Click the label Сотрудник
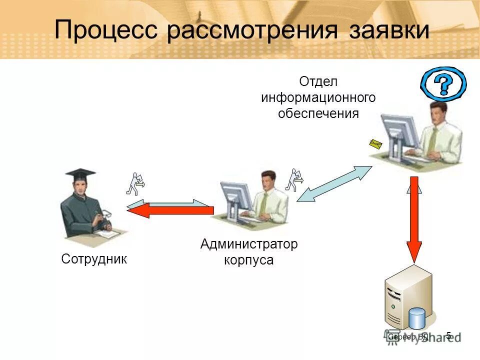[x=94, y=259]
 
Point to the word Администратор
[x=248, y=244]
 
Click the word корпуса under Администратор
[x=248, y=260]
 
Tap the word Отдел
[x=318, y=81]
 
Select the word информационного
[x=318, y=97]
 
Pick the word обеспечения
[x=318, y=113]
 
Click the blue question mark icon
[x=443, y=83]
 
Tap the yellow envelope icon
[x=375, y=144]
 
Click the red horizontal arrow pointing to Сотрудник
[x=170, y=210]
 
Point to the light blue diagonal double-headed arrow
[x=334, y=183]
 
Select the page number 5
[x=448, y=335]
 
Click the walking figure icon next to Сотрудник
[x=135, y=183]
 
